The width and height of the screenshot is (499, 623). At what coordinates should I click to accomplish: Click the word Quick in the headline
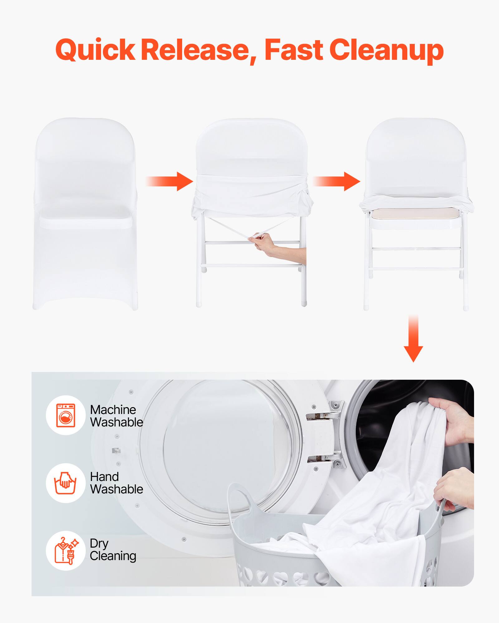(x=95, y=50)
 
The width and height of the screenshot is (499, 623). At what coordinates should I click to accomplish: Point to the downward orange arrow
(x=413, y=340)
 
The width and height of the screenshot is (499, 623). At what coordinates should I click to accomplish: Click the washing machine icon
(x=66, y=415)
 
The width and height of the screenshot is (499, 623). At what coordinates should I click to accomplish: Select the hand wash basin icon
(x=65, y=483)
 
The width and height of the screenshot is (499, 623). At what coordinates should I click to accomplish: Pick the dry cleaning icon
(x=65, y=551)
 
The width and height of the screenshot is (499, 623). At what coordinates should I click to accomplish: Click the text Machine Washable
(x=116, y=416)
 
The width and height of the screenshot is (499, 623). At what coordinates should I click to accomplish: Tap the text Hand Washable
(x=116, y=483)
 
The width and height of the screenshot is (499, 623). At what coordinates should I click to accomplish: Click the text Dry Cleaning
(x=113, y=550)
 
